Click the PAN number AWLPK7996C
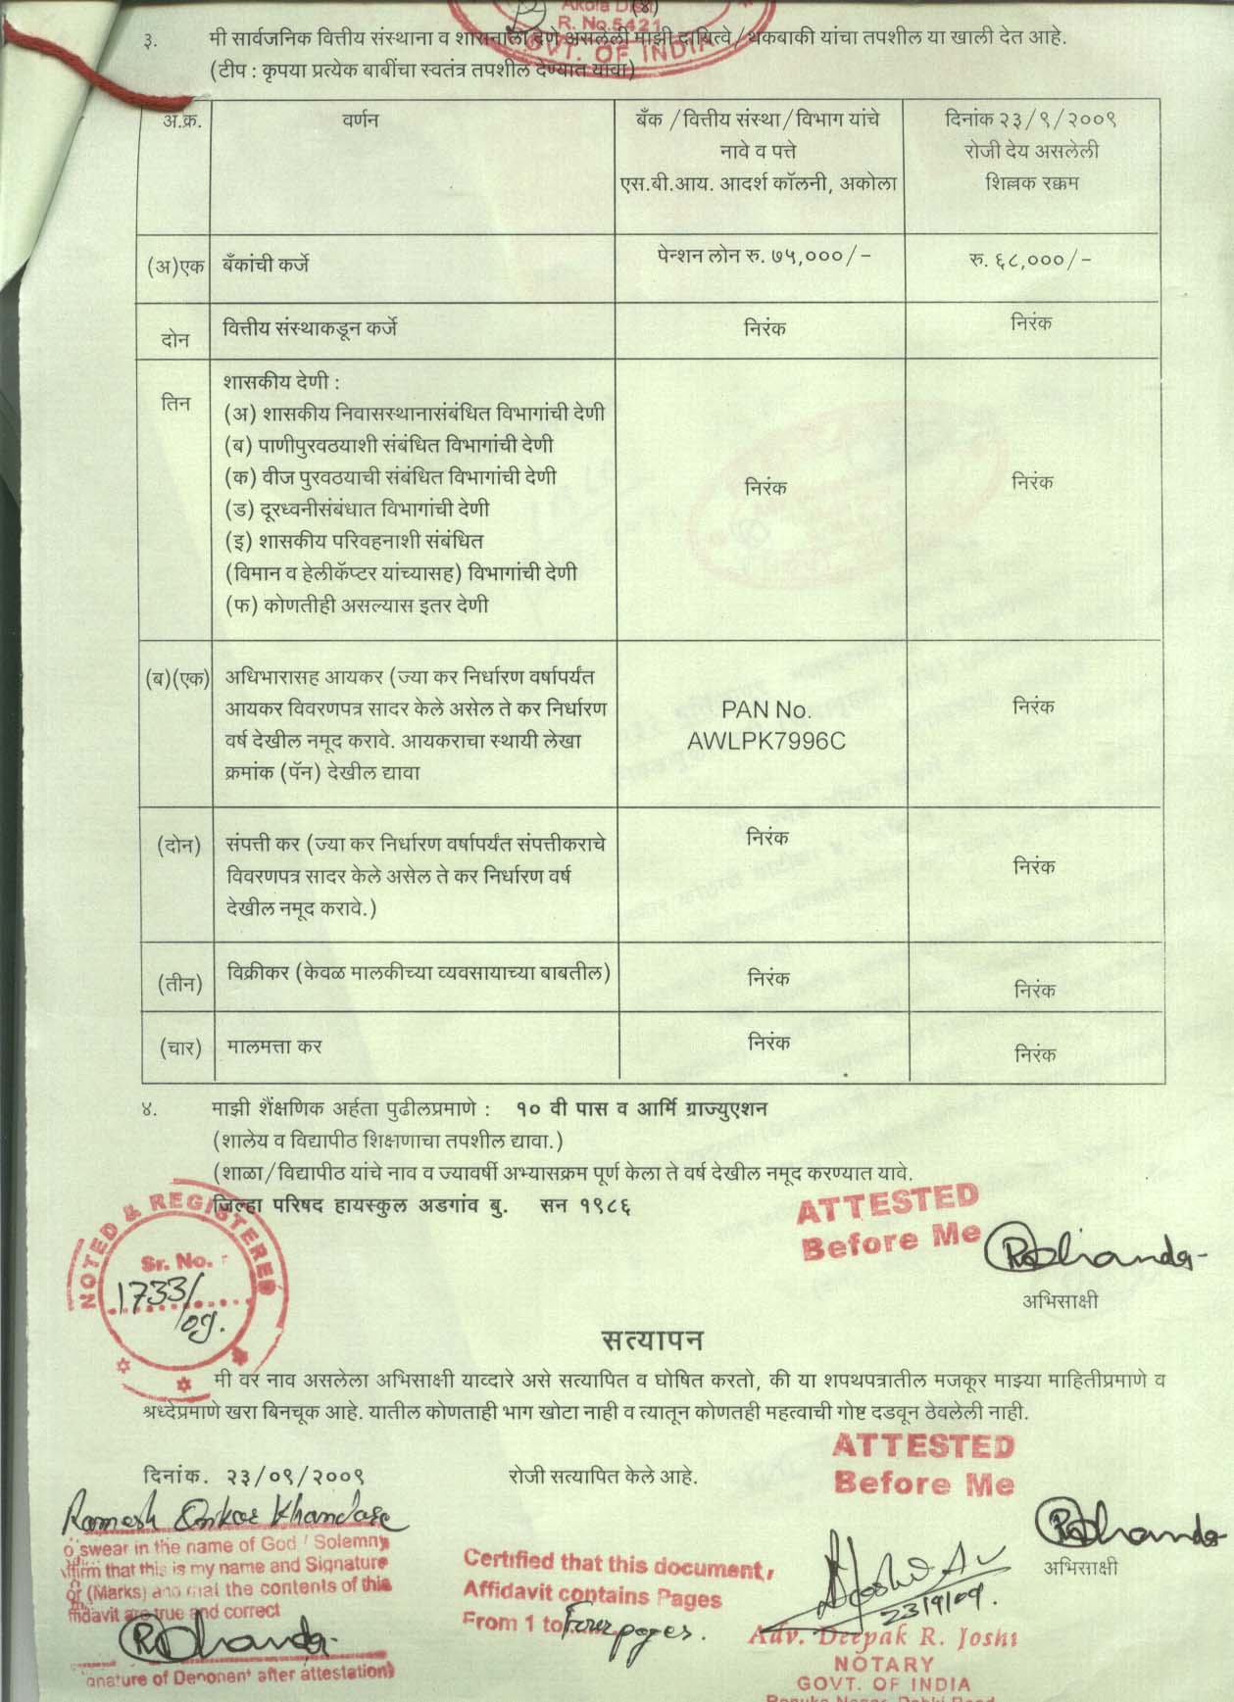pos(765,741)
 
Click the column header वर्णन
pos(361,121)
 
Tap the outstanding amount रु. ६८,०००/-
pos(1035,260)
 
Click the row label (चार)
pos(179,1047)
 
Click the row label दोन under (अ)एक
pos(175,339)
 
